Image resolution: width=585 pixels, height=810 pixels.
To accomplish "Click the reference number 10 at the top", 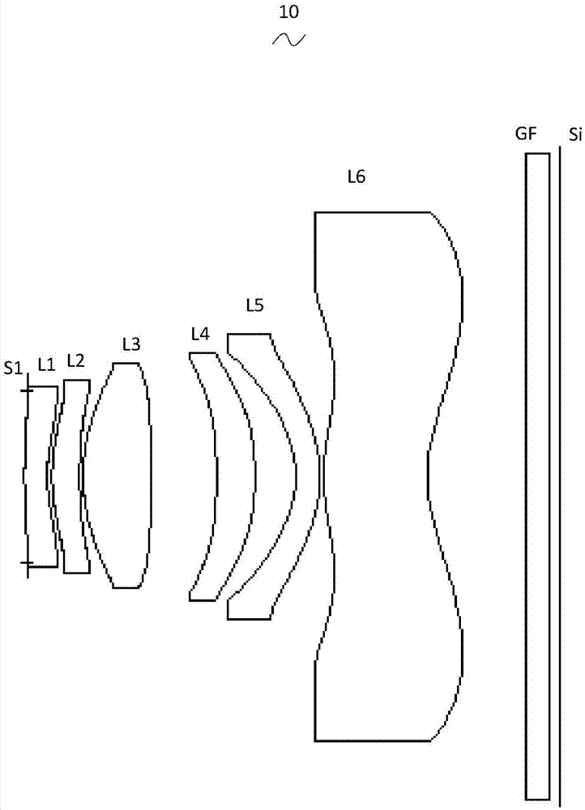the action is tap(289, 11).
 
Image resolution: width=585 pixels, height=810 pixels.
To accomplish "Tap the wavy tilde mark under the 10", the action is tap(289, 40).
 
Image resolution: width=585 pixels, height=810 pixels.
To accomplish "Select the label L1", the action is tap(46, 365).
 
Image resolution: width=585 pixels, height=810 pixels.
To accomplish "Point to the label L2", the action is tap(75, 360).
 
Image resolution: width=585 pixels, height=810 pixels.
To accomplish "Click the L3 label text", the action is tap(131, 343).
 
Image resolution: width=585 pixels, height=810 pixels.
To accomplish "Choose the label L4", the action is tap(200, 335).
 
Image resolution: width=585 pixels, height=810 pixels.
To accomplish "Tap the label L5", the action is tap(254, 306).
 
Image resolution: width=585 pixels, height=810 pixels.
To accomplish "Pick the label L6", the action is tap(356, 177).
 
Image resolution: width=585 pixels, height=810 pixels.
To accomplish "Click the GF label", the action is tap(526, 134).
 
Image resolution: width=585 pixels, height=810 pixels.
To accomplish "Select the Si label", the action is tap(575, 135).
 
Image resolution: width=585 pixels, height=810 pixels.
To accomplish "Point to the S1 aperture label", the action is tap(14, 368).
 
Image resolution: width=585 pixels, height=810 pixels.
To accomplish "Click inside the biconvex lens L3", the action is tap(117, 475).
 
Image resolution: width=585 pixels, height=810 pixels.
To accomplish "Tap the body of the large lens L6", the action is tap(378, 476).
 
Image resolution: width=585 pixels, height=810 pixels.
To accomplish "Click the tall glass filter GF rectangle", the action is tap(537, 476).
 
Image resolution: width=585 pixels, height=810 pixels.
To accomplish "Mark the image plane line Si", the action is tap(560, 476).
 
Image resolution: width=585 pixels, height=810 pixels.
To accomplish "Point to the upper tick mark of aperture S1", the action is tap(27, 390).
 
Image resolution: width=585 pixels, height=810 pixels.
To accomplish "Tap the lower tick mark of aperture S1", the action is tap(27, 562).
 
